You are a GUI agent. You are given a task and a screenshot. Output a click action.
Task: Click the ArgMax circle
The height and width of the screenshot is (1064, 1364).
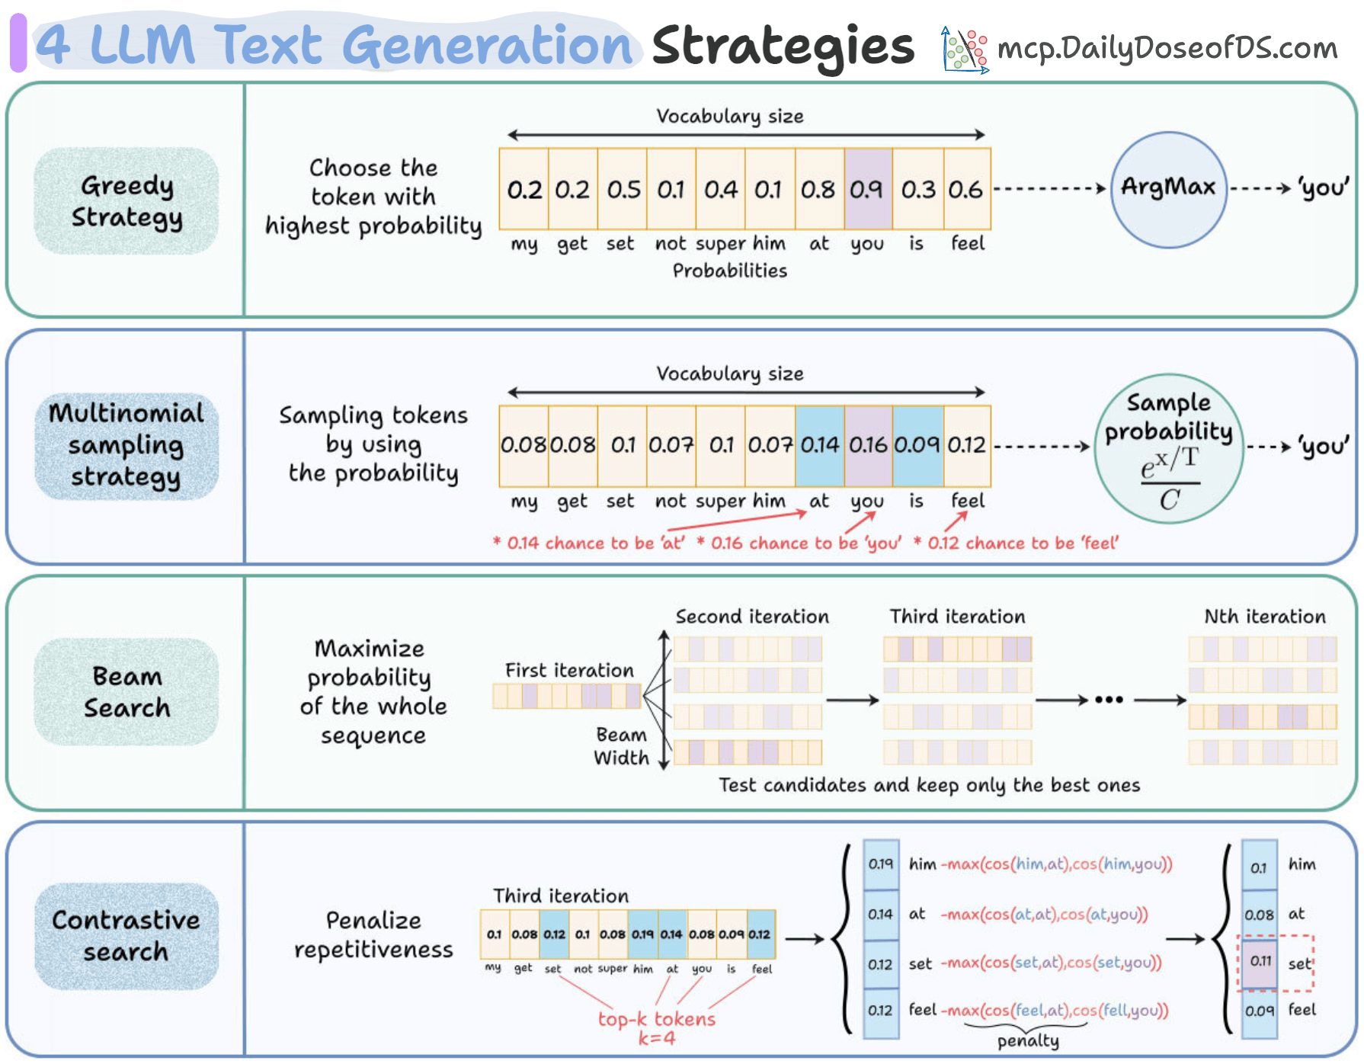point(1168,189)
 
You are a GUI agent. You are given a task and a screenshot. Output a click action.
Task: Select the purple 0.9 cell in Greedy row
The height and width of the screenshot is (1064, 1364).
point(867,189)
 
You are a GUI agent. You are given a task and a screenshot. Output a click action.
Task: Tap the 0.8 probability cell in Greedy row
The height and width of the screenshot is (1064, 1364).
point(818,189)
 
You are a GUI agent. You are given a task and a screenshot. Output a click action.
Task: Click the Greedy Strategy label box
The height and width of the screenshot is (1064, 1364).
point(126,201)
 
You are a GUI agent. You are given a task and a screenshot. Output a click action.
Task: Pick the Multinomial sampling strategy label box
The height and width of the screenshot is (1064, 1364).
point(126,445)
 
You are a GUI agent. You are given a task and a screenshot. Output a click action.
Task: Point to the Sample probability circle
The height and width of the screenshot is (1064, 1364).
point(1168,447)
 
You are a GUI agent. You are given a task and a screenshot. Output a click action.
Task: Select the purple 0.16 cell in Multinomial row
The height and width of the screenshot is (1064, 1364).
point(868,445)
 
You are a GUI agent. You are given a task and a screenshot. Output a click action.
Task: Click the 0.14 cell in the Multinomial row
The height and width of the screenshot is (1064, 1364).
point(819,445)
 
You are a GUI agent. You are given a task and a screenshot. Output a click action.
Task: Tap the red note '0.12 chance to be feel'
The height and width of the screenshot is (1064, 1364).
point(1017,543)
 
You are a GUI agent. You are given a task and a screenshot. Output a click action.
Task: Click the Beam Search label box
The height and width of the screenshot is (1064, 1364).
point(126,692)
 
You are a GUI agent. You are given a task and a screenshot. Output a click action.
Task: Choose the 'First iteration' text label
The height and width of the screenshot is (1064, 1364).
point(569,671)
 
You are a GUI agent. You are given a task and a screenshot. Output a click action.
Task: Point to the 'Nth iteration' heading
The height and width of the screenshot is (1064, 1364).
point(1264,617)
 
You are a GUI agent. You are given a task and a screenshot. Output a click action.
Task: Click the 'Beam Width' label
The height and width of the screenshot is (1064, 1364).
point(621,746)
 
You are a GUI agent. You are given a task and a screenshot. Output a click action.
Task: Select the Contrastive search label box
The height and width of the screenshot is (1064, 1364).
point(126,936)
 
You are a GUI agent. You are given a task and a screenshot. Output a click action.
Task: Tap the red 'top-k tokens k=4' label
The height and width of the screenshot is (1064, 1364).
point(656,1028)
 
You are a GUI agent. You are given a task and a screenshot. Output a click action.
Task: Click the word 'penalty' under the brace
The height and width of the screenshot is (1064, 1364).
point(1028,1041)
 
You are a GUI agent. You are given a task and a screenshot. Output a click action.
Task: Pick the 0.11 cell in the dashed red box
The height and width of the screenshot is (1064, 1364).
point(1260,962)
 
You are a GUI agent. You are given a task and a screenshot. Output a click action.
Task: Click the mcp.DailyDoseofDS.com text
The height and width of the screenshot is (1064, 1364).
point(1167,48)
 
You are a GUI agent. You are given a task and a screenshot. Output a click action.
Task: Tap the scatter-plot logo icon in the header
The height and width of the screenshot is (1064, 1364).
point(965,50)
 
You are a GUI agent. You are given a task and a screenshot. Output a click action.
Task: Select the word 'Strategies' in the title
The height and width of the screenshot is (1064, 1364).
point(783,46)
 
